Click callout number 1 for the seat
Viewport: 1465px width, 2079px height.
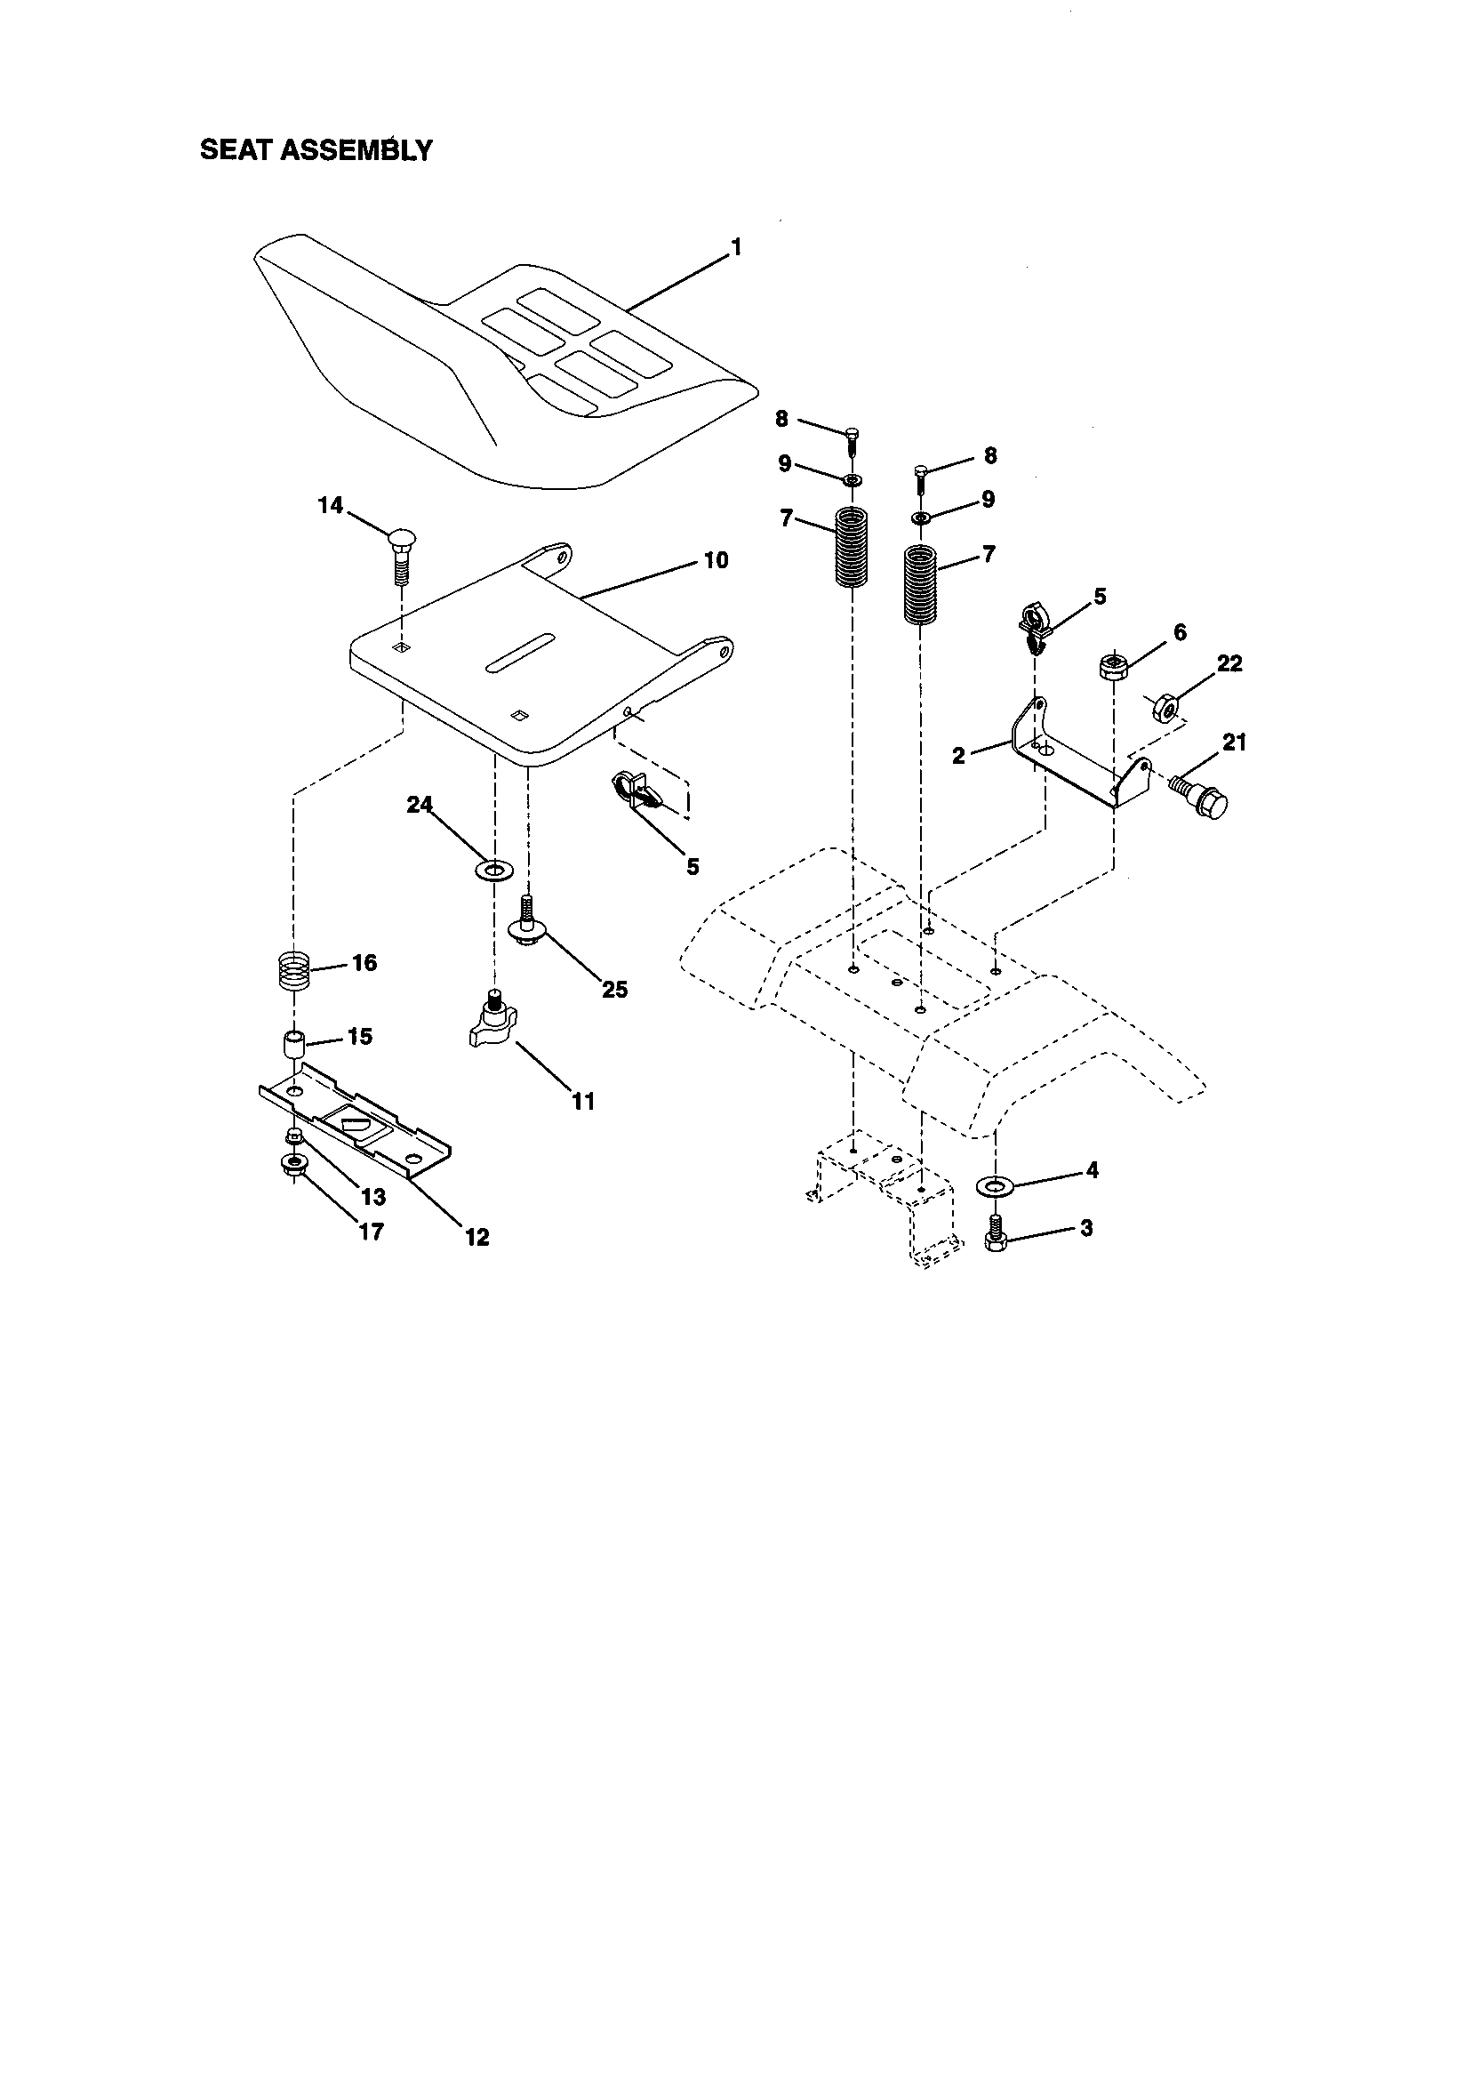pos(736,246)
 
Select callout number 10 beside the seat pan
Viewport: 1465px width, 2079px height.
pos(716,560)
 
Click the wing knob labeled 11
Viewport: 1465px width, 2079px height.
pos(493,1026)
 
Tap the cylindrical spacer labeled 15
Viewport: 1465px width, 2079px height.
pos(293,1043)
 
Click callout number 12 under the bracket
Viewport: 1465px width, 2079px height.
pos(477,1236)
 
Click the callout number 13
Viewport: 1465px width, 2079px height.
pos(373,1197)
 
